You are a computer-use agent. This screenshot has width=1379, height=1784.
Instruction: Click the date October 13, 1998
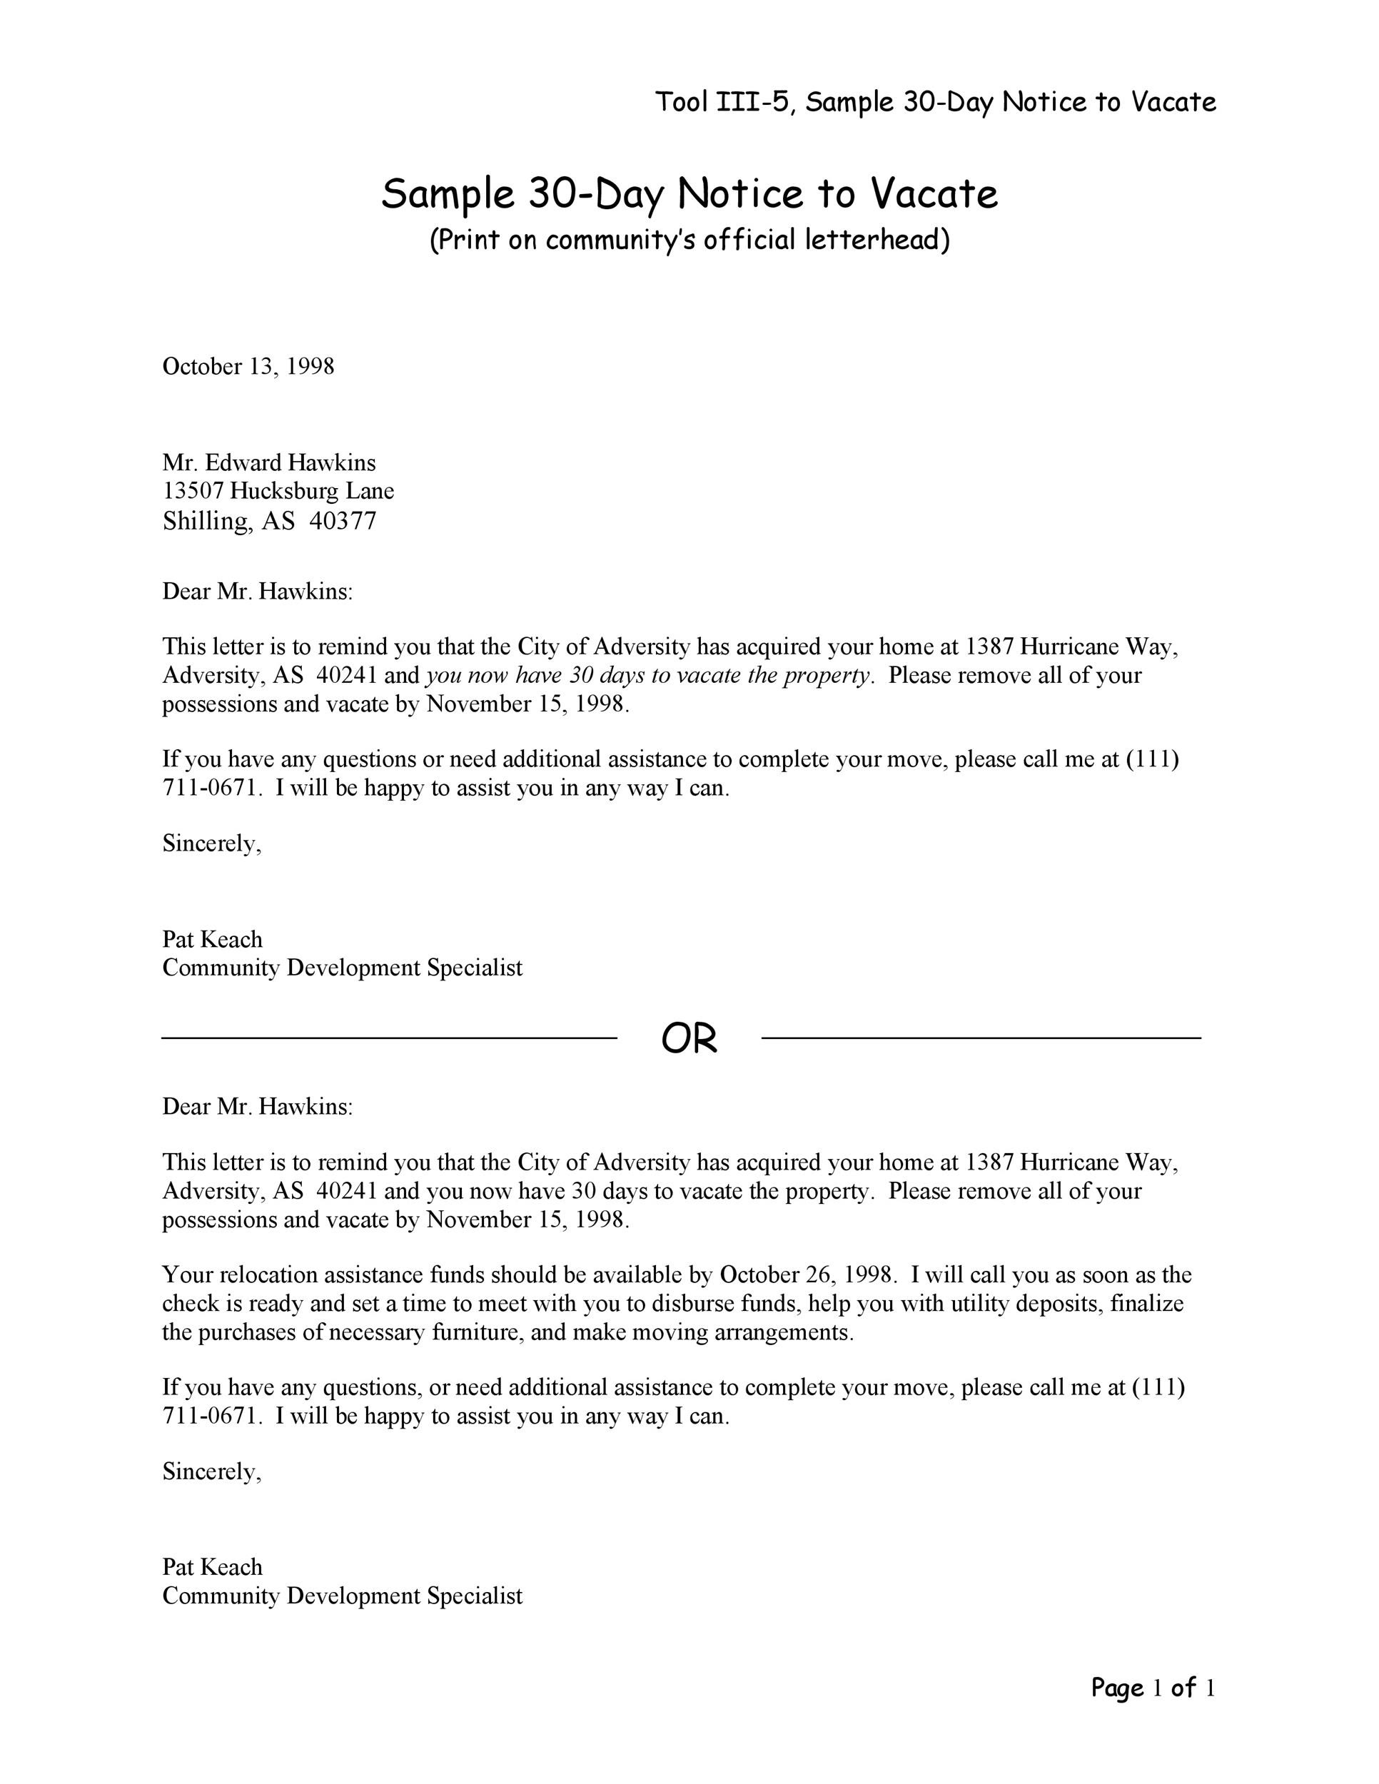click(x=248, y=366)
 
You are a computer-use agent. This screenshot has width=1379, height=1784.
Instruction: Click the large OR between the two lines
click(x=689, y=1039)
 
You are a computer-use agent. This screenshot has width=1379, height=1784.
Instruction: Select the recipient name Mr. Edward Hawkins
click(x=269, y=463)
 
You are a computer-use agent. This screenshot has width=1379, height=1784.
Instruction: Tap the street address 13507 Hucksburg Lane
click(x=278, y=491)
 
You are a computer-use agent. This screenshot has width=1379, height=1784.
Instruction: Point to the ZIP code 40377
click(x=343, y=521)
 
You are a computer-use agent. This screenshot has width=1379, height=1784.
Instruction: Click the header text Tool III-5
click(x=722, y=102)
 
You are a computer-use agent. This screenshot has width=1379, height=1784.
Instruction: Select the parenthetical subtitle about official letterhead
click(x=689, y=240)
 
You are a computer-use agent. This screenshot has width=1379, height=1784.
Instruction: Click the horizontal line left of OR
click(x=389, y=1038)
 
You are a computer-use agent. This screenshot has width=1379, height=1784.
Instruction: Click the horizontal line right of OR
click(x=980, y=1038)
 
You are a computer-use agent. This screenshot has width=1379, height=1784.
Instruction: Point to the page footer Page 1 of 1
click(x=1153, y=1688)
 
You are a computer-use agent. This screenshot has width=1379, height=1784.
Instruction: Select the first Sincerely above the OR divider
click(x=211, y=843)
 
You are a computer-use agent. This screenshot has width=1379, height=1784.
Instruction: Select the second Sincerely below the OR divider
click(x=211, y=1471)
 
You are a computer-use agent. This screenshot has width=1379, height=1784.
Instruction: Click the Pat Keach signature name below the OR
click(x=213, y=1567)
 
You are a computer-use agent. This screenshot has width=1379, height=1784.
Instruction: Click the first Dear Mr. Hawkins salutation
click(x=258, y=592)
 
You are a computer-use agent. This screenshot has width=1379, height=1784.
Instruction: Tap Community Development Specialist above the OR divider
click(x=343, y=968)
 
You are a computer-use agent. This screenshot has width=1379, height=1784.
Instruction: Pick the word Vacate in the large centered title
click(x=933, y=193)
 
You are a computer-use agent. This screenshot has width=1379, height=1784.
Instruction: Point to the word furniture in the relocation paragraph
click(x=477, y=1332)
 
